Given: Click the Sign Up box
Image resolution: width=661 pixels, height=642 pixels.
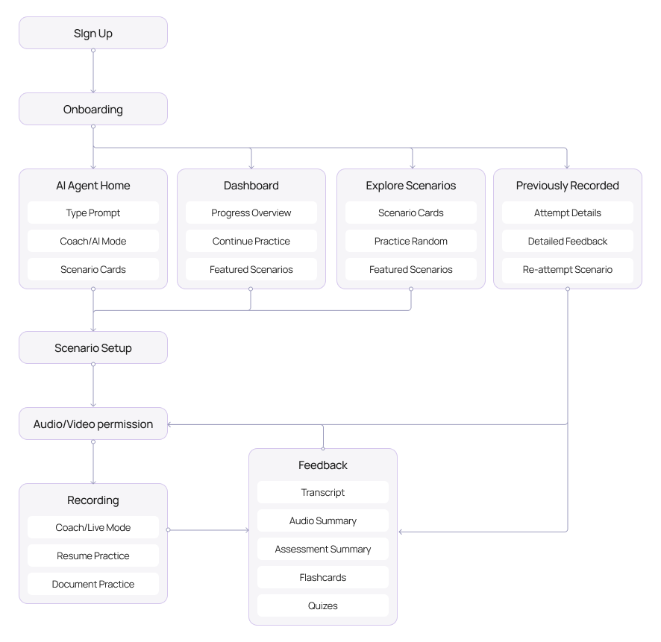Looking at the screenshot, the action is [x=93, y=33].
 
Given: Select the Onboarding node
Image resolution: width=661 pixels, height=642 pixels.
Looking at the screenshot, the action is [x=93, y=109].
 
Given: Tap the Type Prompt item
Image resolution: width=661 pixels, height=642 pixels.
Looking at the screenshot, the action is [x=93, y=213].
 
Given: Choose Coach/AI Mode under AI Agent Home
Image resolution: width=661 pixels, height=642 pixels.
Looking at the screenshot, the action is [x=93, y=241].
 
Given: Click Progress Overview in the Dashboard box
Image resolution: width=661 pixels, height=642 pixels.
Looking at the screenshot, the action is [x=251, y=213].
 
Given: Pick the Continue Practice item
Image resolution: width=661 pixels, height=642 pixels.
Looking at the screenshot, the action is [x=251, y=241].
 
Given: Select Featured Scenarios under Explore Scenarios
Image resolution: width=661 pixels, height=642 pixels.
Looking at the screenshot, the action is [x=411, y=269].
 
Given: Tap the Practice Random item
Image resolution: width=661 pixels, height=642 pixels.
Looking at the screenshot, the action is [x=411, y=241].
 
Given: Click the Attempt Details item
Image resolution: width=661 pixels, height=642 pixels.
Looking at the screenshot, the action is [x=568, y=213].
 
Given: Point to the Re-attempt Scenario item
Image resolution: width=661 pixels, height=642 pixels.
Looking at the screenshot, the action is [x=568, y=269].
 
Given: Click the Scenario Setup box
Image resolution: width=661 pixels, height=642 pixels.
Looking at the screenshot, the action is [x=93, y=347].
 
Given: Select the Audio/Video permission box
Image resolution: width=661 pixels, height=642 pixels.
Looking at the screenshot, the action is [x=93, y=424].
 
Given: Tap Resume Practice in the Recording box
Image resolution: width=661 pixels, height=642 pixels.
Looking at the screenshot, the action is [x=93, y=556].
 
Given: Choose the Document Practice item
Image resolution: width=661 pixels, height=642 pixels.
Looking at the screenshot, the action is [x=93, y=584].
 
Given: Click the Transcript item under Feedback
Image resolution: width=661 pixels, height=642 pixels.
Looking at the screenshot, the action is [x=323, y=492].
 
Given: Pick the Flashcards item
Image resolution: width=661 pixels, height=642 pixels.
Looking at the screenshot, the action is [x=323, y=577].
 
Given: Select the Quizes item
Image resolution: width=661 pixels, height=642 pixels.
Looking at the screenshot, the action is [x=323, y=605].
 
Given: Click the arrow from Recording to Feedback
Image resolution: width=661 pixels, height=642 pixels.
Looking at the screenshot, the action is [x=209, y=530].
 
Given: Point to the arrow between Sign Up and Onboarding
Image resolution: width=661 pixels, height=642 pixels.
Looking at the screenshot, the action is [x=93, y=71].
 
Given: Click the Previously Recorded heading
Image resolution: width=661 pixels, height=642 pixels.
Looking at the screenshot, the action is [x=568, y=186].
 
